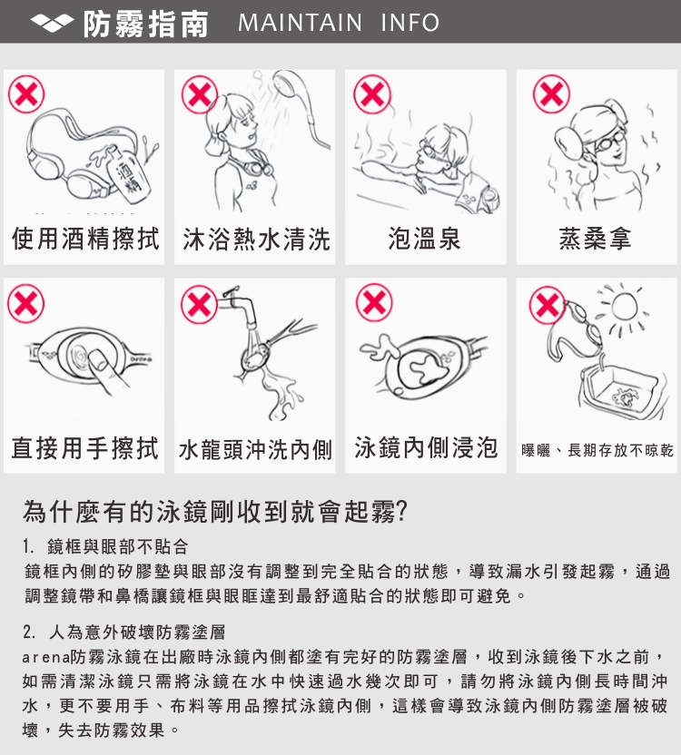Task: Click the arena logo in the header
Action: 52,23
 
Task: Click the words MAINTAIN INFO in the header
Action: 339,23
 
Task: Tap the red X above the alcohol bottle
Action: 26,93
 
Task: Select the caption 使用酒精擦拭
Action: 84,239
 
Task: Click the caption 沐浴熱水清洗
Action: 256,240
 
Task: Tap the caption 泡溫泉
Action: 425,239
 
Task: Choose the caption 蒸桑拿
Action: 596,239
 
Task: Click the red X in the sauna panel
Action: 551,93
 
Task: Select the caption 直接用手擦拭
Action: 84,447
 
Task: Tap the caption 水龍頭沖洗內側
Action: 255,450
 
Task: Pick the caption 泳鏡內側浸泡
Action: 426,447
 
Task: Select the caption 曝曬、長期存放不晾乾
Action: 597,451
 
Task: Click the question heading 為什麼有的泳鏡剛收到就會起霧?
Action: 215,512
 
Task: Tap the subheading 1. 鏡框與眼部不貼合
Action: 105,546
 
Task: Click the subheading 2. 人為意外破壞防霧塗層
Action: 123,632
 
